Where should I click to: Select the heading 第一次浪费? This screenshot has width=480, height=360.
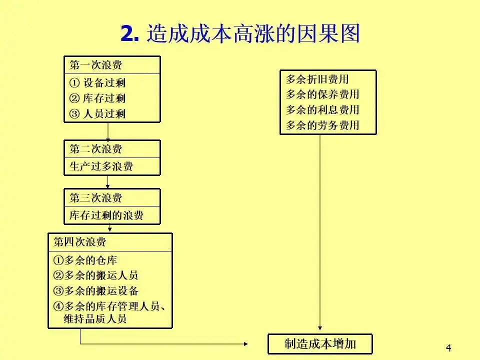click(x=95, y=65)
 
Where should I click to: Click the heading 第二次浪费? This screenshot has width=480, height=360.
click(x=95, y=149)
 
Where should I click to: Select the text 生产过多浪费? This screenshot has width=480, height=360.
click(x=101, y=166)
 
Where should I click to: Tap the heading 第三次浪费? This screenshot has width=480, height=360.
click(x=95, y=197)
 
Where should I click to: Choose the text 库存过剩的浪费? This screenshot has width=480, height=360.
click(x=106, y=215)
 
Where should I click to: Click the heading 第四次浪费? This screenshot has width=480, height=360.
click(x=80, y=242)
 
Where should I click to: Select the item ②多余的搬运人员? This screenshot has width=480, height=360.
click(x=95, y=275)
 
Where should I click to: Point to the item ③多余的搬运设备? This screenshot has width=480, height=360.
click(x=95, y=291)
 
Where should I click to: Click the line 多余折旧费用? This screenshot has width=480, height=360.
click(x=317, y=79)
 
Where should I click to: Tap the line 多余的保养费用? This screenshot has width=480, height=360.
click(x=322, y=94)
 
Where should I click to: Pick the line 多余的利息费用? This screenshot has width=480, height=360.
click(x=322, y=110)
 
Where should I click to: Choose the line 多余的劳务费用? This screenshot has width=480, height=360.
click(x=322, y=125)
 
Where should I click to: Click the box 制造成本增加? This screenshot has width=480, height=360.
click(x=320, y=343)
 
